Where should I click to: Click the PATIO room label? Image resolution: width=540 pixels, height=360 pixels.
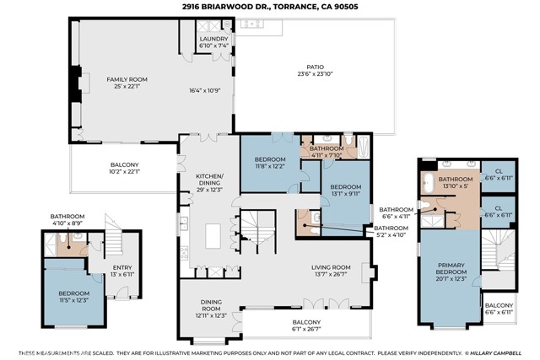(x=315, y=67)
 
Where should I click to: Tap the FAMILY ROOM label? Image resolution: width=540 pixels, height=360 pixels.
(x=127, y=79)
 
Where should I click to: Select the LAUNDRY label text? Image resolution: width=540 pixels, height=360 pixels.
(x=213, y=39)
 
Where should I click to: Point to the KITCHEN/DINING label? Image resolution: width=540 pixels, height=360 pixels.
(x=210, y=180)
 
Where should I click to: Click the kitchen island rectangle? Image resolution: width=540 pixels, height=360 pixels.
(x=213, y=236)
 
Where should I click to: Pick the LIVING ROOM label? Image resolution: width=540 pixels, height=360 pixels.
(x=331, y=267)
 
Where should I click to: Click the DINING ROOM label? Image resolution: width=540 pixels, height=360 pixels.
(x=211, y=305)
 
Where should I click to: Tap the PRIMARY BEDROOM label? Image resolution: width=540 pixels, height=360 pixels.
(x=451, y=268)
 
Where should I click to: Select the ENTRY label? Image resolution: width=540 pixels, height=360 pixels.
(x=122, y=267)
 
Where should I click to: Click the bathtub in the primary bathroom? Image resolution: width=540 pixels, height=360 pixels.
(x=429, y=183)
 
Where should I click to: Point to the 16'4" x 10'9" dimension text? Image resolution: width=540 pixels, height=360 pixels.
(x=204, y=90)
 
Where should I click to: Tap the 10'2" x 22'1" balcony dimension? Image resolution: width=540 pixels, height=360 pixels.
(x=124, y=171)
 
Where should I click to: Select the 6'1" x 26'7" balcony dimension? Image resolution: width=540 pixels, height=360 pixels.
(x=306, y=329)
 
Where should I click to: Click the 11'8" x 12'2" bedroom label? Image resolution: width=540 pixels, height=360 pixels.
(x=270, y=166)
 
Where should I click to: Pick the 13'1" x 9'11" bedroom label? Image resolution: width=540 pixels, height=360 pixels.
(x=346, y=193)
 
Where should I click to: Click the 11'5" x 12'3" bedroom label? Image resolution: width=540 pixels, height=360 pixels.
(x=74, y=300)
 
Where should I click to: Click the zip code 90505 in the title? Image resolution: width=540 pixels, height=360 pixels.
(x=348, y=6)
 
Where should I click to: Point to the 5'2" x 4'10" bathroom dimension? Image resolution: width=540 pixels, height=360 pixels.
(x=391, y=234)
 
